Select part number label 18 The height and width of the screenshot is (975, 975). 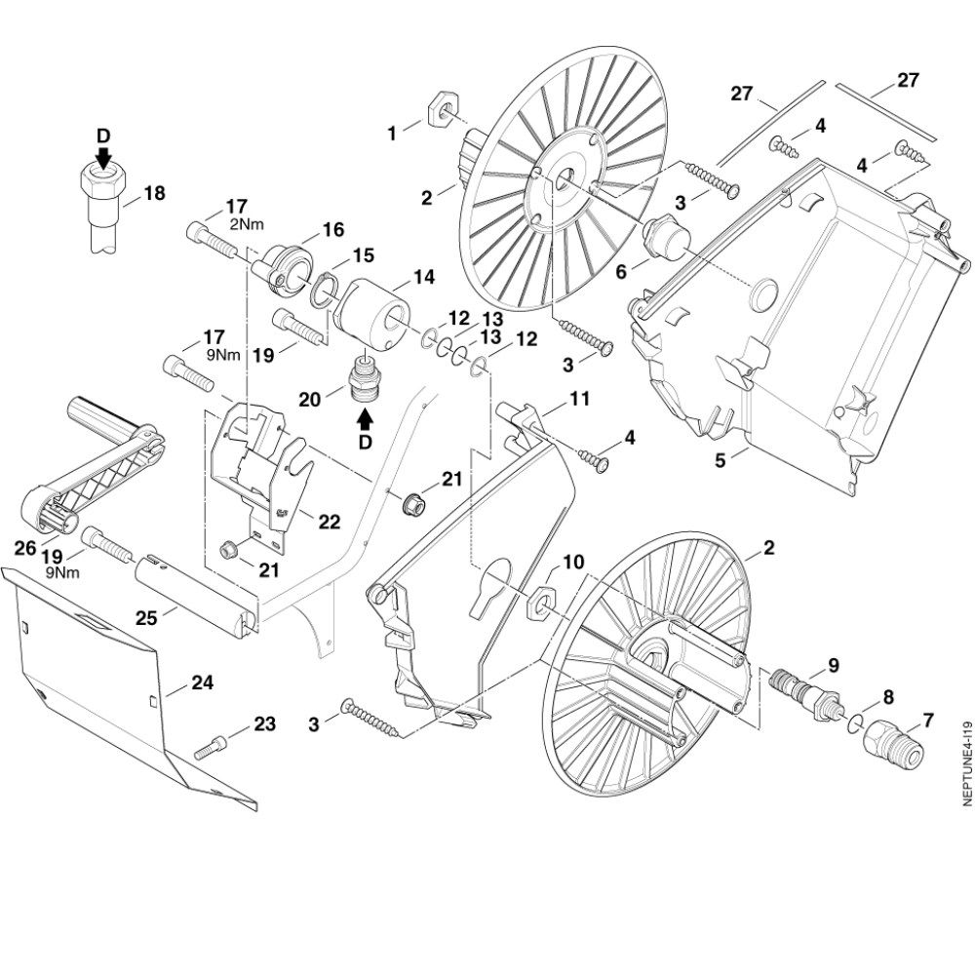click(x=154, y=193)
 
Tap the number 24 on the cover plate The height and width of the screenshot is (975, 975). click(x=202, y=682)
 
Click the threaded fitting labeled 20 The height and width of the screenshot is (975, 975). click(x=364, y=377)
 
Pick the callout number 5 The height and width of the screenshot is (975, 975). click(x=721, y=461)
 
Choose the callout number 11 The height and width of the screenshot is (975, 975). click(x=580, y=398)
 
